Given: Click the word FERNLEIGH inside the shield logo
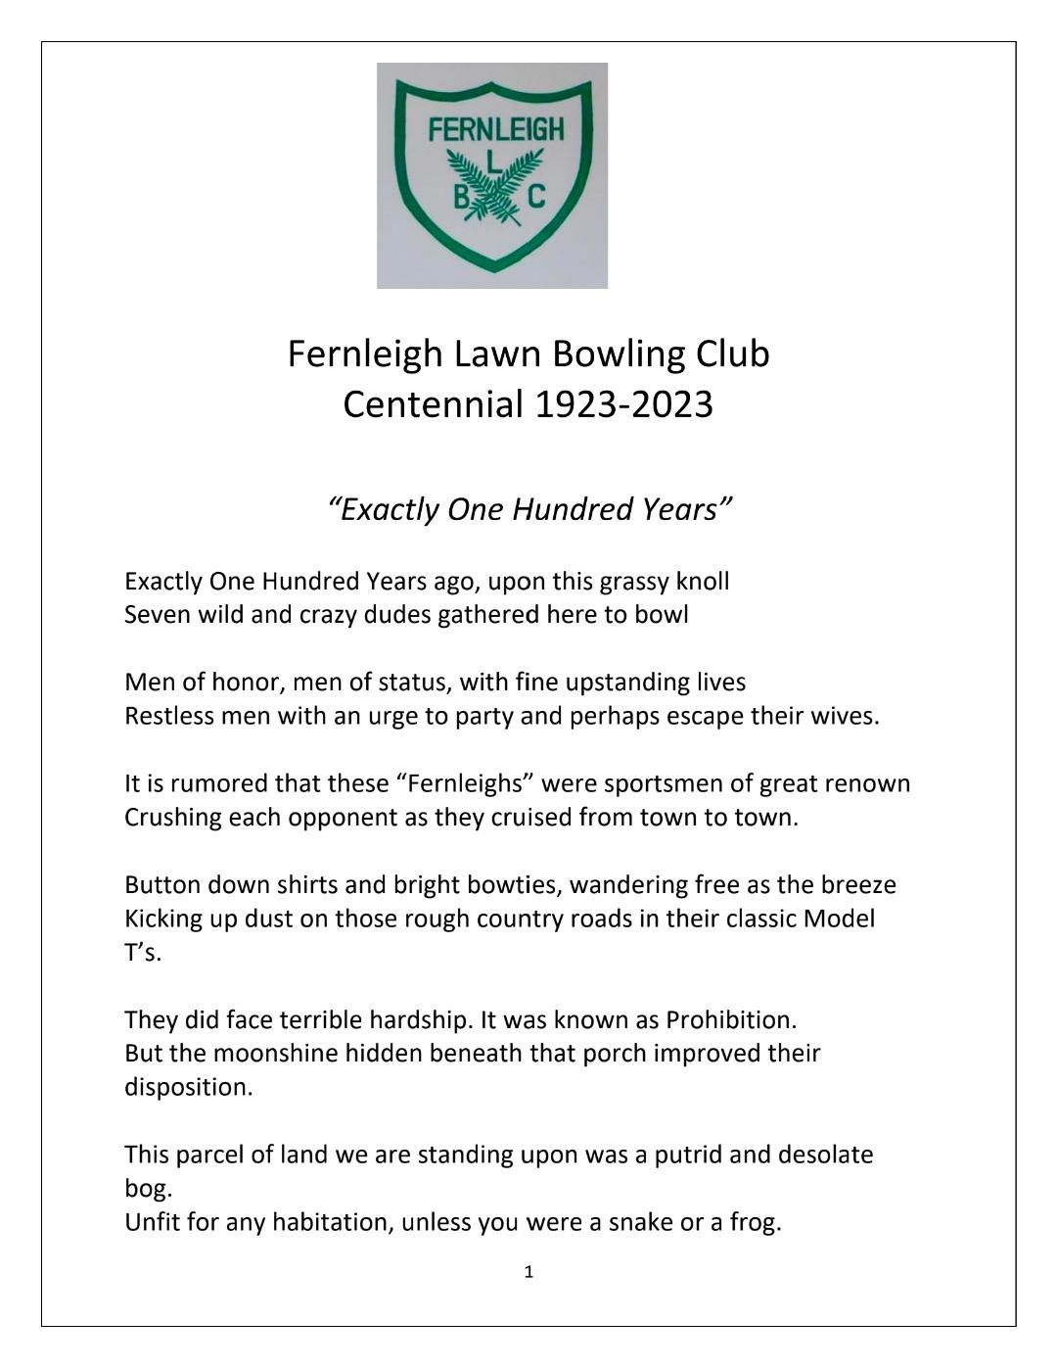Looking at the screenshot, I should tap(496, 129).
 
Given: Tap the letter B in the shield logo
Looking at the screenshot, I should tap(460, 198).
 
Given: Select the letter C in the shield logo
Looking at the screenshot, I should tap(535, 198).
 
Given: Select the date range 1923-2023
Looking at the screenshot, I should tap(623, 403).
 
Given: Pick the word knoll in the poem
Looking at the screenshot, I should tap(703, 582).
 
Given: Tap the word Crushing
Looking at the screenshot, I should tap(173, 818).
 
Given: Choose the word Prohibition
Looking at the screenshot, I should tap(730, 1020).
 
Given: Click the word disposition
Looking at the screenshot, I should tap(188, 1088).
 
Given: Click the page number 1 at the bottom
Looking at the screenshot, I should tap(528, 1272).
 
